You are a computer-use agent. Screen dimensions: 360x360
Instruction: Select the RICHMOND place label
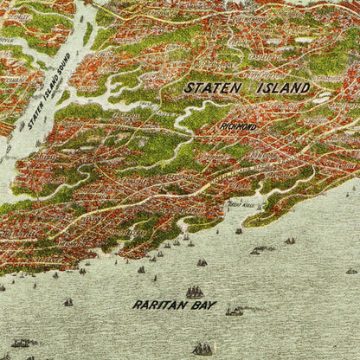tap(240, 126)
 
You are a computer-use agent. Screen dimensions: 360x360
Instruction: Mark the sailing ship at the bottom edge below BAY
tap(202, 348)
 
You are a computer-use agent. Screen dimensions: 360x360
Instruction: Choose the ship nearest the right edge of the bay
tap(351, 270)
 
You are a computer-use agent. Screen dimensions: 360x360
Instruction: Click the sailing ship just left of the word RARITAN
tap(68, 302)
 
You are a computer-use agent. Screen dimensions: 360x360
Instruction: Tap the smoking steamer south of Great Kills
tap(259, 250)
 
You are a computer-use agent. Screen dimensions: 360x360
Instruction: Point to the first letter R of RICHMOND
tap(222, 126)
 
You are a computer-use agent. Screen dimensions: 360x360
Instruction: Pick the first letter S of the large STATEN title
tap(187, 87)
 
